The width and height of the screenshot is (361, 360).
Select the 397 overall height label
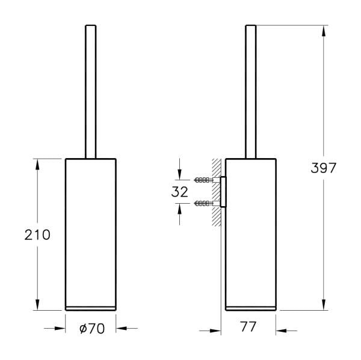click(324, 168)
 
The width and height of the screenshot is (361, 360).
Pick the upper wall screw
click(204, 180)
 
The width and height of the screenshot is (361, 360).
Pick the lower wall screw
click(204, 204)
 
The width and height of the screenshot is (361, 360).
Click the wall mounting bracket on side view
click(223, 192)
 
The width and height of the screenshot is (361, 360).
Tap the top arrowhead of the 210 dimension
click(38, 164)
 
